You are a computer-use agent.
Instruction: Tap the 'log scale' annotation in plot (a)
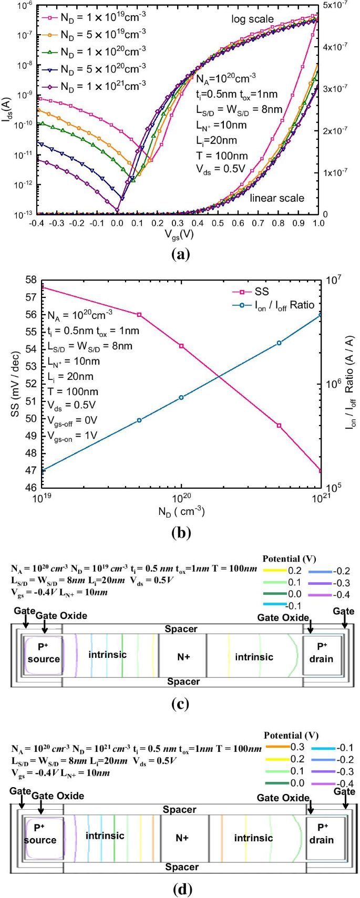(252, 19)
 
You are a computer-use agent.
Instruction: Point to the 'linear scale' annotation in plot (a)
(276, 198)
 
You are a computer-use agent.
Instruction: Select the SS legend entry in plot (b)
(261, 292)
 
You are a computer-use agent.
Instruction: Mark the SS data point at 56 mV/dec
(139, 315)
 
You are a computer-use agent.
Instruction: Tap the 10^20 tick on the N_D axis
(181, 497)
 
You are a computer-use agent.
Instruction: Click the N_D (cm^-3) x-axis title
(181, 511)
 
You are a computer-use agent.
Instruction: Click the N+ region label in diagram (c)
(183, 657)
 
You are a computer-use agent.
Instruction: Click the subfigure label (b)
(181, 533)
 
